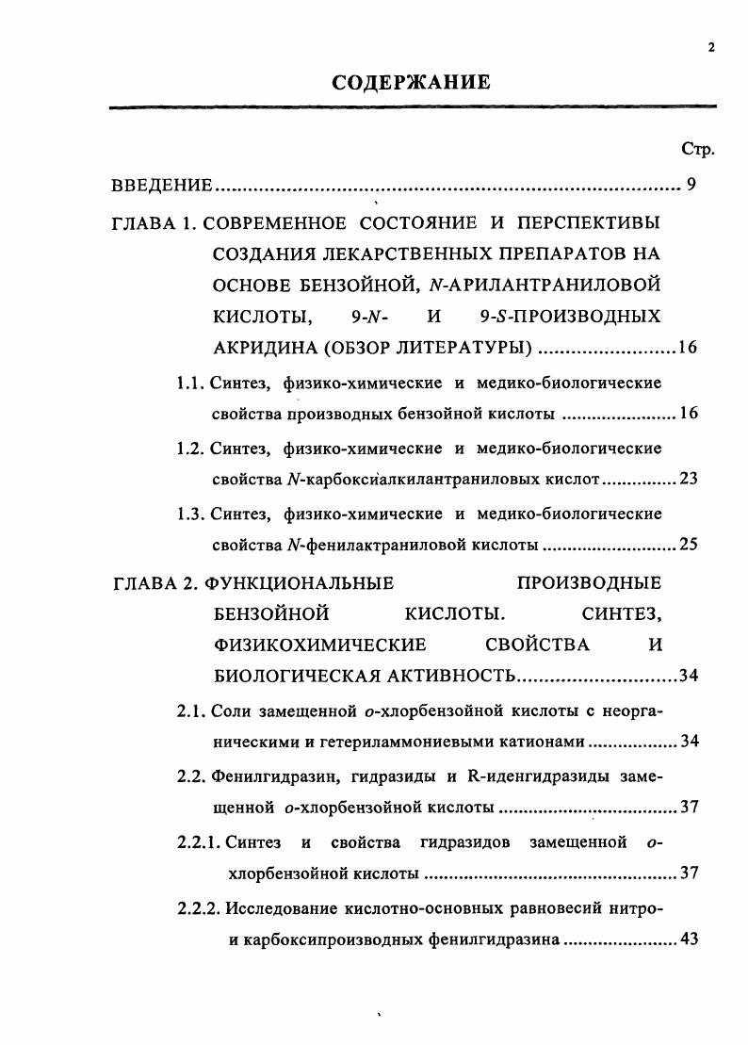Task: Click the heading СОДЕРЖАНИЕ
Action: click(x=412, y=83)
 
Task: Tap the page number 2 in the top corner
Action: click(x=711, y=50)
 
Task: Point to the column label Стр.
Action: click(x=697, y=149)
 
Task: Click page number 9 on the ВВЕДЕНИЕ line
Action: click(x=691, y=185)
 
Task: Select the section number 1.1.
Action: click(x=191, y=383)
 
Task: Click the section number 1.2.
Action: click(x=191, y=448)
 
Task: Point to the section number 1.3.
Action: click(x=191, y=514)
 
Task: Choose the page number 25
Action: click(x=688, y=546)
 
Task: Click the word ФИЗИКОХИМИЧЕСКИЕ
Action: click(x=320, y=645)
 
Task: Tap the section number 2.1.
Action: click(x=191, y=710)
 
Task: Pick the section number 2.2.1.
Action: click(x=199, y=841)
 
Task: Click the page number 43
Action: click(x=688, y=939)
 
